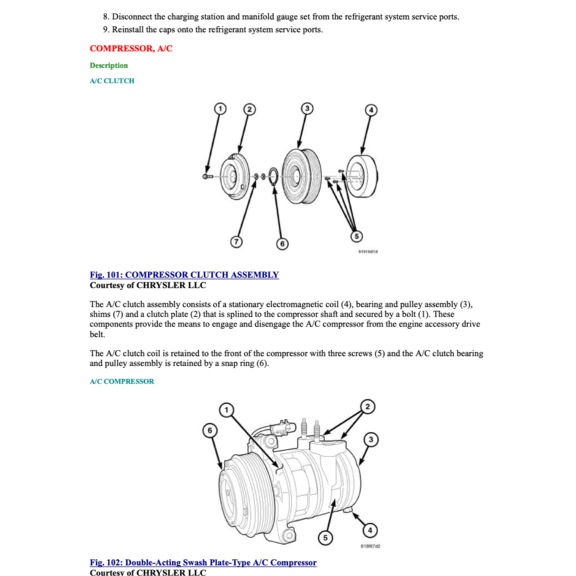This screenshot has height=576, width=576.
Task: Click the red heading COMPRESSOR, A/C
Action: click(131, 48)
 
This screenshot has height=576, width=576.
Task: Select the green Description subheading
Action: click(109, 66)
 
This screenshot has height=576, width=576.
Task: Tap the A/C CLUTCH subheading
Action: click(112, 81)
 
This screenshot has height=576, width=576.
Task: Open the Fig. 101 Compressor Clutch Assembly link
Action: click(184, 275)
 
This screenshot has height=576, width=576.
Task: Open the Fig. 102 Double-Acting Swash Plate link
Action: click(203, 562)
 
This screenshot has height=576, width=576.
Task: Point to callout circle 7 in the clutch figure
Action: click(236, 241)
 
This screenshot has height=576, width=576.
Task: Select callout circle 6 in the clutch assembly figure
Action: click(282, 244)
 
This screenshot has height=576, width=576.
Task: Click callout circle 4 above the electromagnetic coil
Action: click(371, 110)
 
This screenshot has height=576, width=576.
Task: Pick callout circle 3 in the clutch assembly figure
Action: click(307, 109)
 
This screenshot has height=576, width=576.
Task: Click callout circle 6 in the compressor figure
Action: click(210, 431)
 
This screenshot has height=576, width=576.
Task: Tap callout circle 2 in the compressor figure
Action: click(367, 407)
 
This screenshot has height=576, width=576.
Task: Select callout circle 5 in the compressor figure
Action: click(326, 538)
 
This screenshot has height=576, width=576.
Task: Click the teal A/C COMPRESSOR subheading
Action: click(121, 382)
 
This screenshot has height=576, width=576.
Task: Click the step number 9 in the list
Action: click(106, 29)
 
